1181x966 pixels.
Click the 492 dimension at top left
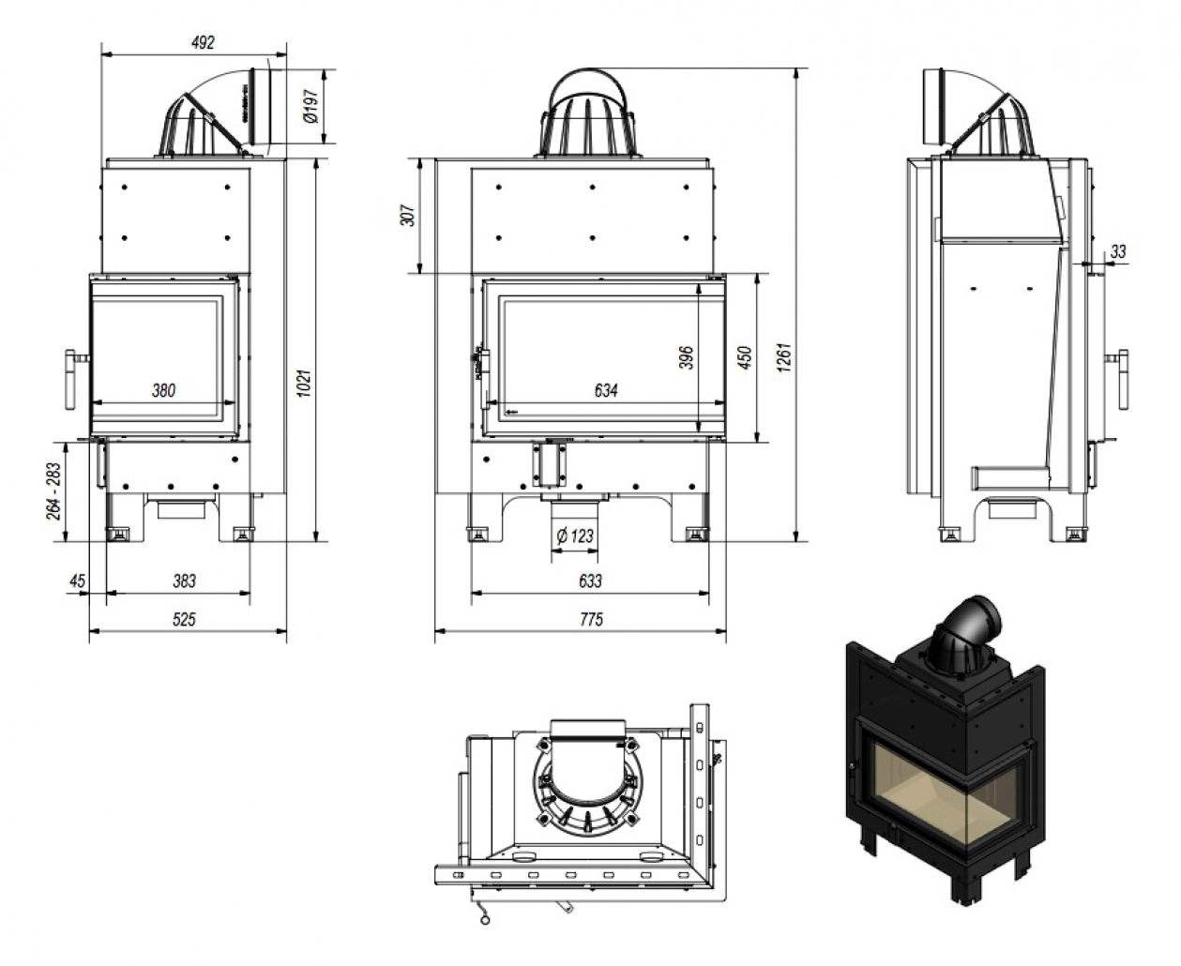tap(203, 42)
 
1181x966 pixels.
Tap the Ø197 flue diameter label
tap(311, 106)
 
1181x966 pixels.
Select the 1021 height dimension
tap(304, 383)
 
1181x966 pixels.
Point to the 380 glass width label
tap(163, 390)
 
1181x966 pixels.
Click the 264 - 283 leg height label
tap(54, 491)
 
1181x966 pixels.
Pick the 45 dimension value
tap(77, 581)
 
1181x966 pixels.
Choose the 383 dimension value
tap(184, 581)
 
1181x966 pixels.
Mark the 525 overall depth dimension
tap(184, 619)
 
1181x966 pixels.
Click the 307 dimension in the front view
tap(409, 216)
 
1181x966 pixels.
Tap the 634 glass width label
tap(606, 390)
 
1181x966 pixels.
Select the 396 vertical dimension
tap(686, 358)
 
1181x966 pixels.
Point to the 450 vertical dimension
tap(745, 358)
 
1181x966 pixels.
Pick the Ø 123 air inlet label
tap(575, 536)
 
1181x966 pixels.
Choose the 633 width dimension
tap(590, 581)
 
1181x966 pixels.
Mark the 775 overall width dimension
tap(591, 619)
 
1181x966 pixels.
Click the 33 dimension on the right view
tap(1118, 251)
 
